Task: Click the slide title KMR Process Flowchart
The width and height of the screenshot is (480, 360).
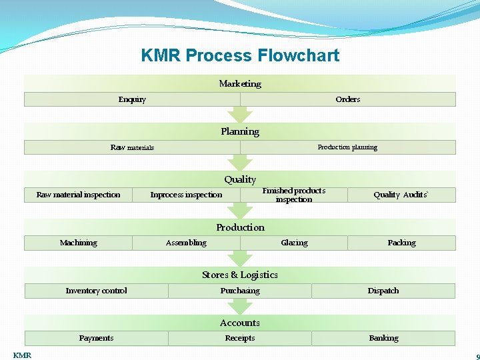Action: click(x=240, y=55)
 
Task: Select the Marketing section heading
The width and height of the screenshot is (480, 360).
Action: click(x=240, y=83)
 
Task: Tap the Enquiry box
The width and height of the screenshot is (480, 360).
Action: click(x=132, y=99)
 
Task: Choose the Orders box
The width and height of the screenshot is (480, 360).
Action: click(x=347, y=99)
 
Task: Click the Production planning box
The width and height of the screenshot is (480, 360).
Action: click(x=347, y=147)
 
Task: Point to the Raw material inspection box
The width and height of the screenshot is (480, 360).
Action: click(x=79, y=195)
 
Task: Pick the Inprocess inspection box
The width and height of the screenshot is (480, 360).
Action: click(x=186, y=195)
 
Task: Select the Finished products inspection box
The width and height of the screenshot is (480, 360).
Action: click(x=294, y=195)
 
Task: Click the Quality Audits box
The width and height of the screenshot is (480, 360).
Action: click(x=401, y=195)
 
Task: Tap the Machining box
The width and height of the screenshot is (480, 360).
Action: click(x=79, y=243)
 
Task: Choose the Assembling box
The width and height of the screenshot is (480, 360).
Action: click(x=186, y=243)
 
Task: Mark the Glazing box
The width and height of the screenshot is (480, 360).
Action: click(x=294, y=243)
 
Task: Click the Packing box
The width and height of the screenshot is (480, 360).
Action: click(x=401, y=243)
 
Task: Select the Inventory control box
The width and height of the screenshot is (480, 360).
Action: click(x=96, y=291)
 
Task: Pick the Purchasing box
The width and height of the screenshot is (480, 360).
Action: click(x=240, y=291)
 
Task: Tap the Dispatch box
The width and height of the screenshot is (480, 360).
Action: click(x=383, y=291)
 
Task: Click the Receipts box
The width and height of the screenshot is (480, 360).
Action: click(x=240, y=338)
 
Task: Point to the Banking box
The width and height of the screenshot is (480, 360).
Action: click(x=383, y=338)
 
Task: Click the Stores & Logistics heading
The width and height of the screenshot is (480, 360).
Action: click(x=240, y=275)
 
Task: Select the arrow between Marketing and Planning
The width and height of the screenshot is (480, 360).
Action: click(x=240, y=115)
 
